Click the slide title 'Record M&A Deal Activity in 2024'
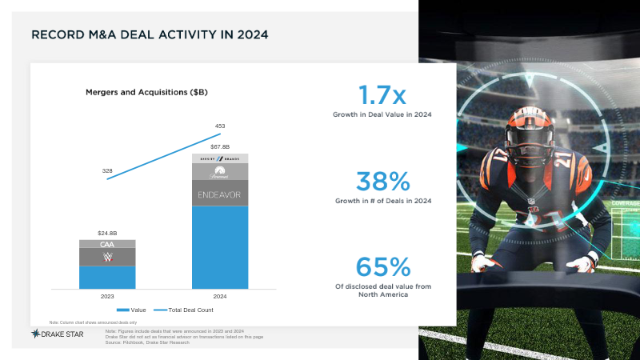click(x=149, y=35)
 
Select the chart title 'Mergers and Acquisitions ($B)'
click(x=147, y=93)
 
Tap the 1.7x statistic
click(x=382, y=96)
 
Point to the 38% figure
click(x=382, y=181)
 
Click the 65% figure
click(x=382, y=266)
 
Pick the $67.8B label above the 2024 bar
click(x=220, y=147)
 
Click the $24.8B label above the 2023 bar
click(x=107, y=232)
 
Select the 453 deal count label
click(x=220, y=126)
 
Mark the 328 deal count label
click(x=107, y=171)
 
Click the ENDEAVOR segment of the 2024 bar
click(x=220, y=194)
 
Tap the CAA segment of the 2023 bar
click(x=107, y=244)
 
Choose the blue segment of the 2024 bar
click(x=220, y=247)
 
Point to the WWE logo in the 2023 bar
click(x=107, y=258)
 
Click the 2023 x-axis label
click(x=107, y=296)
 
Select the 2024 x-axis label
click(x=220, y=296)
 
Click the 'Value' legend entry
click(x=132, y=310)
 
